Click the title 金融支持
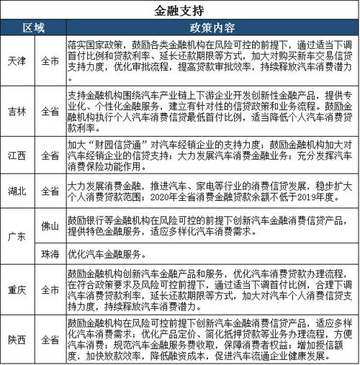(x=179, y=11)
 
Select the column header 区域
(x=34, y=29)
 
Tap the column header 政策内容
(x=211, y=29)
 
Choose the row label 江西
(x=18, y=155)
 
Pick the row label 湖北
(x=18, y=191)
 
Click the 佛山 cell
(x=50, y=224)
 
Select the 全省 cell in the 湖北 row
(x=50, y=191)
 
